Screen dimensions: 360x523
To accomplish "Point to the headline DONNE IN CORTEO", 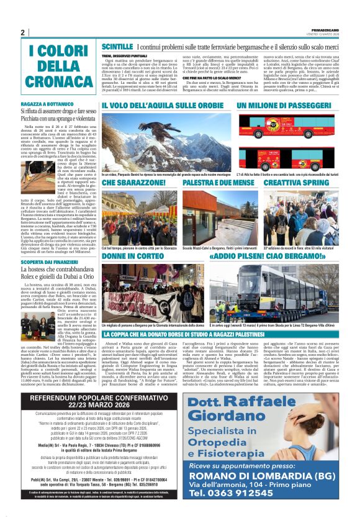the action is pos(132,256).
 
